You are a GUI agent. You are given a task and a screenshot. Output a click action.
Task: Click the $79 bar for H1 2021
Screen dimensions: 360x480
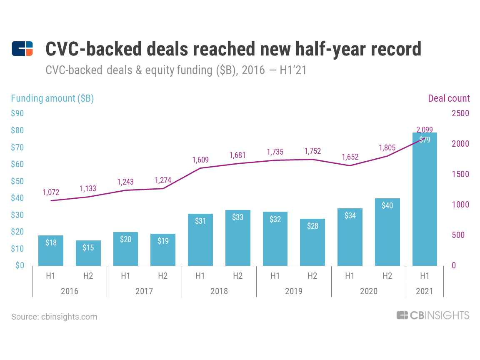[x=425, y=200]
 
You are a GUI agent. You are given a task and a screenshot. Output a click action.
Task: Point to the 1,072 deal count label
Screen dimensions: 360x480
[x=51, y=192]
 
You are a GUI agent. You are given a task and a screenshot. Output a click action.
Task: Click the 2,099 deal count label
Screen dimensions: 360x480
[x=425, y=129]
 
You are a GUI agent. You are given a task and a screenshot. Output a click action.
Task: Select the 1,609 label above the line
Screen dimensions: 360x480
[x=200, y=160]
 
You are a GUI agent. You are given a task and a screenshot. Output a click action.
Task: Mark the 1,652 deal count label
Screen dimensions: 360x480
[x=350, y=157]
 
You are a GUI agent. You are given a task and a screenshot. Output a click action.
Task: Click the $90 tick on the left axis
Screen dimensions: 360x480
[x=17, y=113]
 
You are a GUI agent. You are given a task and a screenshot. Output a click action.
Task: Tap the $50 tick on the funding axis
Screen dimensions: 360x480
[x=17, y=181]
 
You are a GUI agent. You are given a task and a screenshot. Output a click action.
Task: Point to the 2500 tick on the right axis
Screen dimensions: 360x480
[x=460, y=113]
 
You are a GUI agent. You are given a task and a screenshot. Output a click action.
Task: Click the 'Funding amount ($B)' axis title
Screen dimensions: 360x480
[x=52, y=98]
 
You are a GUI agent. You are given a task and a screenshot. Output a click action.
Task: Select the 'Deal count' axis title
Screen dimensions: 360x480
[x=449, y=98]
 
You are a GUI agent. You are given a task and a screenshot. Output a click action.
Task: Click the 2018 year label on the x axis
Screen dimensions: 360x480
[x=219, y=291]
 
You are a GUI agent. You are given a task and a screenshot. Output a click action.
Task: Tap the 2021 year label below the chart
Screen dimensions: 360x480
[x=425, y=291]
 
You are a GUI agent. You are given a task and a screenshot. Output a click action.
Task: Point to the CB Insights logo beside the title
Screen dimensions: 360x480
[x=22, y=49]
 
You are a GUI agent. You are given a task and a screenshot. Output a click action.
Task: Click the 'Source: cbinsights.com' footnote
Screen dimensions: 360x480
[x=54, y=317]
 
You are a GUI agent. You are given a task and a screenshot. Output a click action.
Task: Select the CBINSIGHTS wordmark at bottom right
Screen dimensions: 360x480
[x=433, y=315]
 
